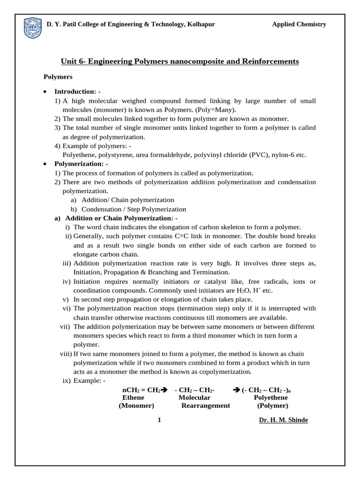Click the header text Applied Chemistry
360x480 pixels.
click(x=299, y=24)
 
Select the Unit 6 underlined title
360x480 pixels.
click(x=180, y=61)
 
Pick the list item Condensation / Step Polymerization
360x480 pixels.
click(x=134, y=210)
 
